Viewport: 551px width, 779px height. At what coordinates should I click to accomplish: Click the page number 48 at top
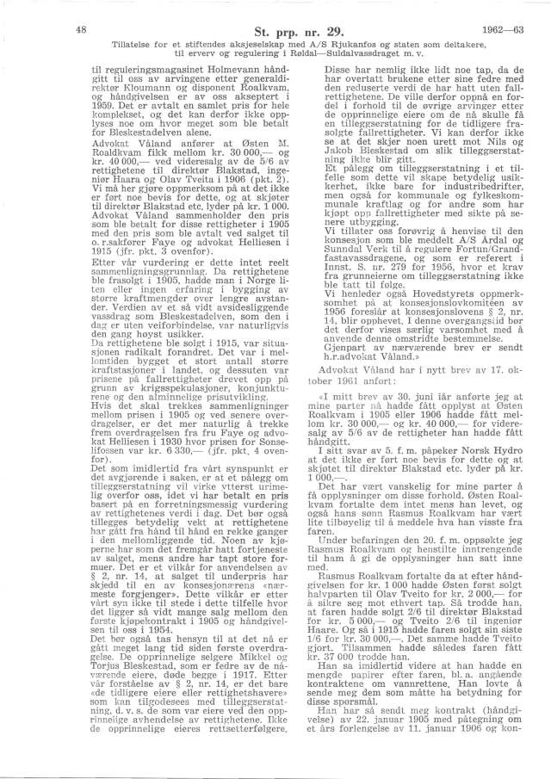pos(80,28)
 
